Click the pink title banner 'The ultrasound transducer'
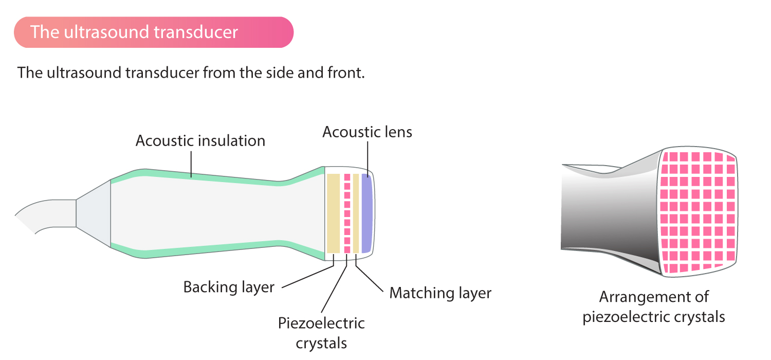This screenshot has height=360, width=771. coord(153,32)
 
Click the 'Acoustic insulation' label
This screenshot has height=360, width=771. coord(200,140)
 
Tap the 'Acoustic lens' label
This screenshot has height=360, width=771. coord(367,132)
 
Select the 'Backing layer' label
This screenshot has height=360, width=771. coord(229,287)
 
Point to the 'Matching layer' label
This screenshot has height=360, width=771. coord(440,293)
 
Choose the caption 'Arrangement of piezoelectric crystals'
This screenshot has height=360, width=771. coord(653,307)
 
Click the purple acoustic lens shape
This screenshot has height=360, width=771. coord(366,213)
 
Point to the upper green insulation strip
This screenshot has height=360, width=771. coord(206,175)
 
